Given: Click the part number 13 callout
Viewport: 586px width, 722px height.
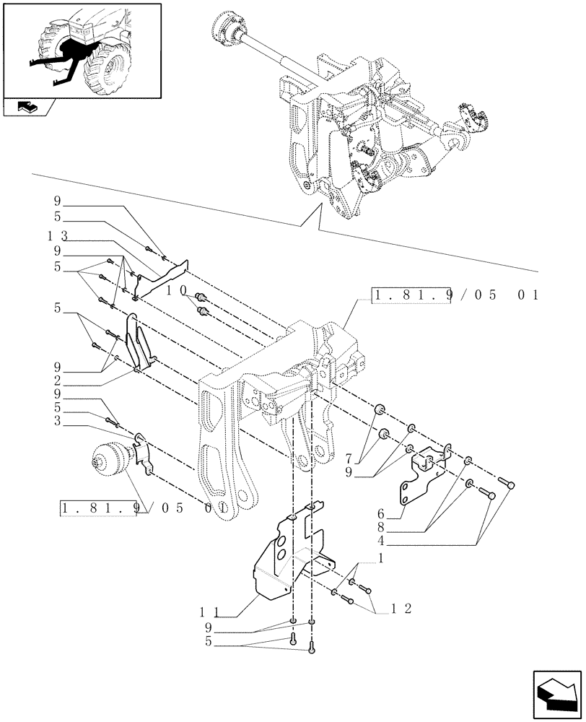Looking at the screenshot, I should [58, 236].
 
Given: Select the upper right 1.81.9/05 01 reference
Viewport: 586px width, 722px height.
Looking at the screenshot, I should [456, 295].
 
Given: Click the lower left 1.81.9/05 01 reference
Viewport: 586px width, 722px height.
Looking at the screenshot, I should [144, 508].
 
